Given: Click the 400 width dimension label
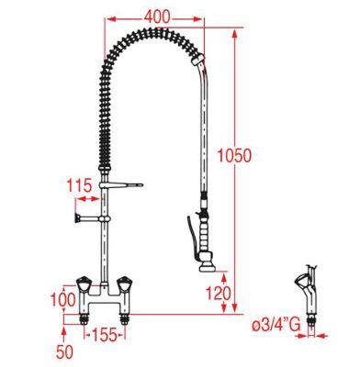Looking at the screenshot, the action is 157,17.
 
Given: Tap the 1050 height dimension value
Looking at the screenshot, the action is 234,155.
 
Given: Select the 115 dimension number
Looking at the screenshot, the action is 79,185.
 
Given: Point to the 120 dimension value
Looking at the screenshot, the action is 218,294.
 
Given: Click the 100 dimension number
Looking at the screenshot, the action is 62,299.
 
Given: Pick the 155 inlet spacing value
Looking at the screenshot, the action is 105,335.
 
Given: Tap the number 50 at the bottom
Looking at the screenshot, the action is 64,351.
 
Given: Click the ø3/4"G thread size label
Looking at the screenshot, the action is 276,326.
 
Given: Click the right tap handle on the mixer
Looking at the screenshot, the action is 126,284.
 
